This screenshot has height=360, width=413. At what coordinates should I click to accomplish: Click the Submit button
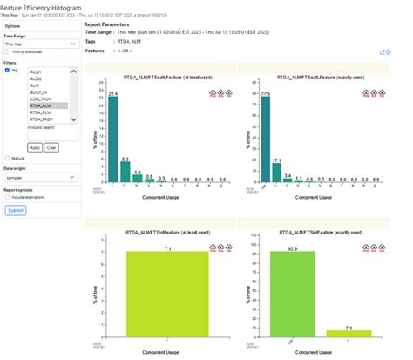pos(16,210)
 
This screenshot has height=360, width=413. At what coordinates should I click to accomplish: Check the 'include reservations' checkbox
pos(6,198)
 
